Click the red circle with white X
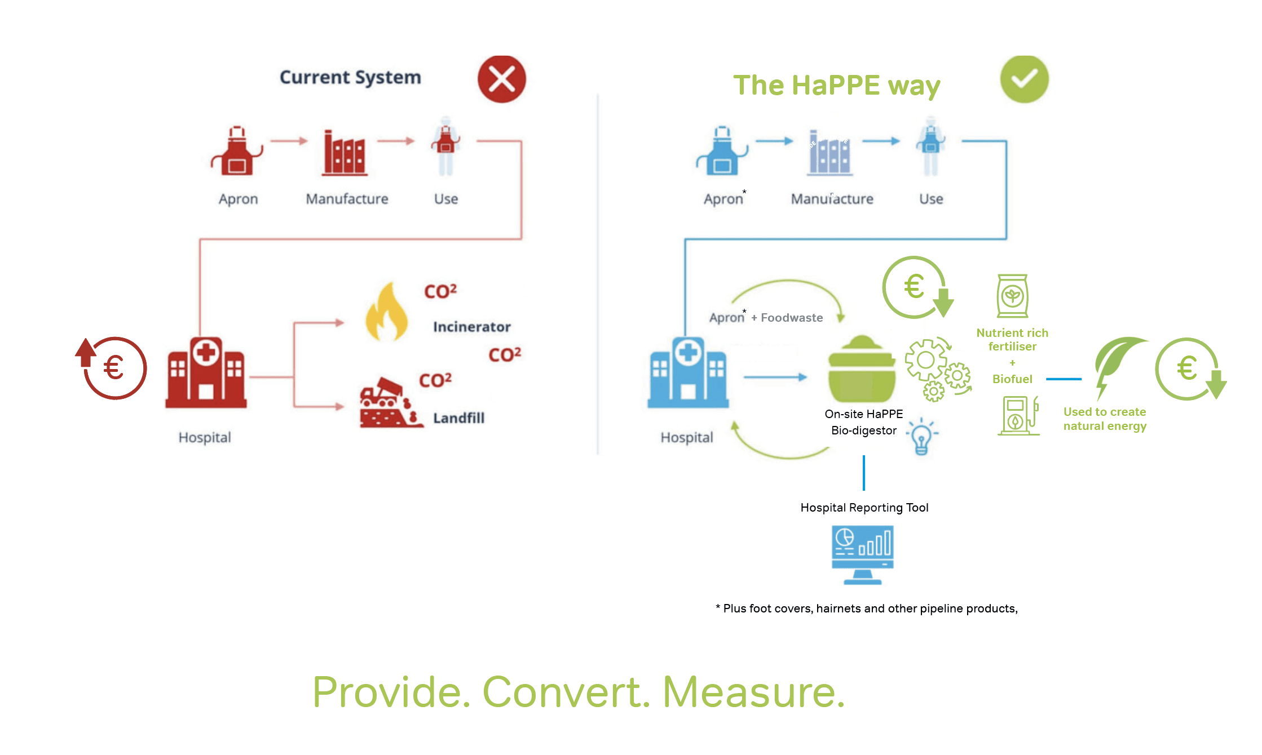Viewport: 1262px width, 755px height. pos(501,79)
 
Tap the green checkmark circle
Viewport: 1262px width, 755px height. pos(1024,79)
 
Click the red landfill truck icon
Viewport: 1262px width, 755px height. pos(389,403)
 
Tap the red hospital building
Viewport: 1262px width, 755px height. pos(206,373)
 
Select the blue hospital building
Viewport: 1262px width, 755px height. pos(688,373)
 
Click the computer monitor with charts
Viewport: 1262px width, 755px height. pos(863,554)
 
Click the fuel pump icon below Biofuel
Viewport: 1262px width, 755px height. pos(1018,416)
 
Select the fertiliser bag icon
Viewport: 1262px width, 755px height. pos(1012,296)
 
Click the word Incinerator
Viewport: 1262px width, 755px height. pos(471,327)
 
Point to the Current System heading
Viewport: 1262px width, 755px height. pos(350,77)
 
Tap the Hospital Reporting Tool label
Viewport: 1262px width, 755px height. pos(864,508)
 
